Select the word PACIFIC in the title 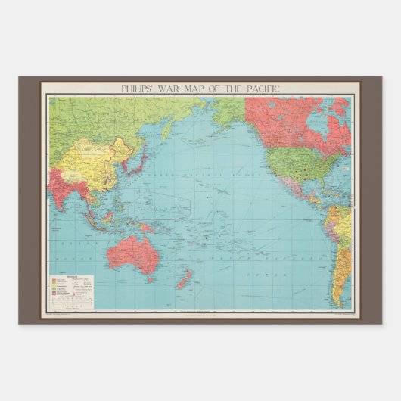pyautogui.click(x=263, y=89)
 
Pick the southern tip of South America pyautogui.click(x=335, y=302)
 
